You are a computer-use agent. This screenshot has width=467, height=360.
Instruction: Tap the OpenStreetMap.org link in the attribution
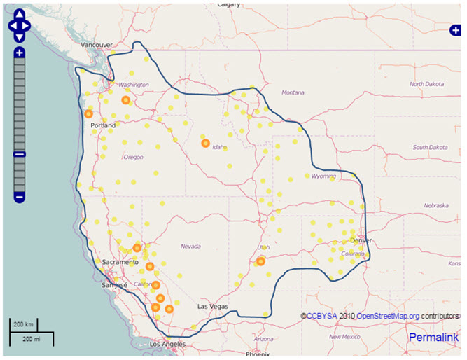pos(388,317)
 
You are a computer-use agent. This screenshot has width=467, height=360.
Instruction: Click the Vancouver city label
pos(97,45)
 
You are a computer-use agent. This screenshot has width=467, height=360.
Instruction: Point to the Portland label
pos(103,125)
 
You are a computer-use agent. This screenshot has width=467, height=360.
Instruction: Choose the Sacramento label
pos(118,262)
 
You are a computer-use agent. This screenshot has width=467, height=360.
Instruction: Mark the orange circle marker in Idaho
pos(205,144)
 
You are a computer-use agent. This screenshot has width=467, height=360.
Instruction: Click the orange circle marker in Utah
pos(260,262)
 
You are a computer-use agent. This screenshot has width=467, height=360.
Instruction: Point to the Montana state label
pos(293,92)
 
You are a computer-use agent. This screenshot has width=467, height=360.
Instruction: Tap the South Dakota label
pos(430,147)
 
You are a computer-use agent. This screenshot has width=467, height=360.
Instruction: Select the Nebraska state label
pos(435,206)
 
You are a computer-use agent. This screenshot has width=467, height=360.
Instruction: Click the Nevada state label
pos(190,247)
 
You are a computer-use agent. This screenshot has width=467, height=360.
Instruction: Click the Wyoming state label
pos(323,176)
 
